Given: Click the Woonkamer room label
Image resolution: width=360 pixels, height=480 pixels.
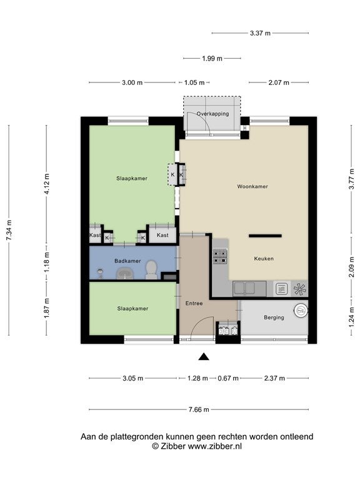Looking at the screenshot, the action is pyautogui.click(x=252, y=186).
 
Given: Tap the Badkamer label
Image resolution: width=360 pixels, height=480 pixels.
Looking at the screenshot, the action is pyautogui.click(x=127, y=261).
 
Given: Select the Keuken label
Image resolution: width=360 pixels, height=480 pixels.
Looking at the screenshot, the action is pyautogui.click(x=264, y=259).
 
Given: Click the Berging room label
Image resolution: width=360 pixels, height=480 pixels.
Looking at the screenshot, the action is pyautogui.click(x=274, y=317).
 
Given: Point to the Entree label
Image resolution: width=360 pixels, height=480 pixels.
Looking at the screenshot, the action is pyautogui.click(x=194, y=303).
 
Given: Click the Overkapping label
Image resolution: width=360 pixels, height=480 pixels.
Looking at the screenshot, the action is pyautogui.click(x=212, y=114).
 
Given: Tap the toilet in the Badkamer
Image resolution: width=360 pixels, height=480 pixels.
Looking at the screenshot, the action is pyautogui.click(x=151, y=270).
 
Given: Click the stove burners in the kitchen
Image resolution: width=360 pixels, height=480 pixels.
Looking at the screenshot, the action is pyautogui.click(x=220, y=256).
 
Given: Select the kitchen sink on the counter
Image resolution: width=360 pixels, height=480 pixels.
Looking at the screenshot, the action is pyautogui.click(x=245, y=288).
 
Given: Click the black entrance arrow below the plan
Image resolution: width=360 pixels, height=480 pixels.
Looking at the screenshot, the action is pyautogui.click(x=204, y=357).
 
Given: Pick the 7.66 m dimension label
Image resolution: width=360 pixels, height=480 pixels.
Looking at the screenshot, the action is pyautogui.click(x=199, y=409).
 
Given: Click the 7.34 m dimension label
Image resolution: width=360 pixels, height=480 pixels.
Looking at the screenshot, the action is pyautogui.click(x=9, y=230).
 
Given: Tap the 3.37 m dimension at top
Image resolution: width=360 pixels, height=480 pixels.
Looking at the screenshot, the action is pyautogui.click(x=260, y=33).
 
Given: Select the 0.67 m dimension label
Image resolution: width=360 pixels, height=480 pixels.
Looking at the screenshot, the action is pyautogui.click(x=227, y=378).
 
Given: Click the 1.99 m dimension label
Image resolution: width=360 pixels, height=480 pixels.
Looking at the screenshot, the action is pyautogui.click(x=212, y=58).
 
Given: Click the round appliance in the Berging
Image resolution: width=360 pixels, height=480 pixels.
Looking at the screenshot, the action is pyautogui.click(x=300, y=311).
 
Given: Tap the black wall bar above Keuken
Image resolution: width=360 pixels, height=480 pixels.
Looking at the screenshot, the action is pyautogui.click(x=265, y=236).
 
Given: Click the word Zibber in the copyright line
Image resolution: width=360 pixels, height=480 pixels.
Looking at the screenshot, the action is pyautogui.click(x=172, y=446).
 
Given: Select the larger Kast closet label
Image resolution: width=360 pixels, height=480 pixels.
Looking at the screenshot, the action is pyautogui.click(x=162, y=235).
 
